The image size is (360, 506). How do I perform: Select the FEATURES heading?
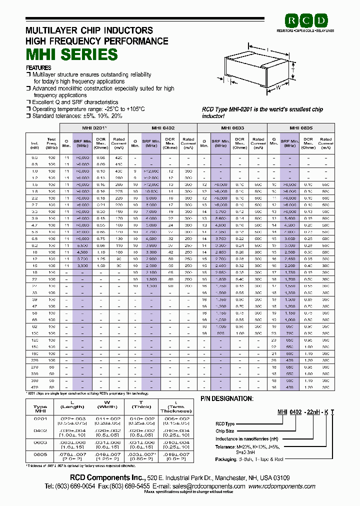(38, 67)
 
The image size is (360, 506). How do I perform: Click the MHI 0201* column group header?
(94, 127)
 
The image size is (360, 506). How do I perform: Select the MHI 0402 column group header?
(163, 127)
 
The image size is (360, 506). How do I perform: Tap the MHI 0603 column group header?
(232, 127)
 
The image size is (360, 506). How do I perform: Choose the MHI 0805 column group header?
(301, 127)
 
